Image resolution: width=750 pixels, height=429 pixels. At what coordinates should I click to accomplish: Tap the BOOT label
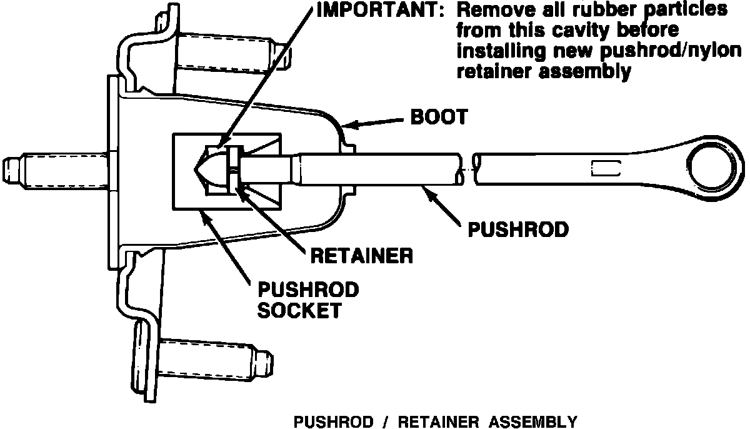[x=438, y=117]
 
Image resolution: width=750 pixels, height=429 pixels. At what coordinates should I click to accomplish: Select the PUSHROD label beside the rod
[x=518, y=230]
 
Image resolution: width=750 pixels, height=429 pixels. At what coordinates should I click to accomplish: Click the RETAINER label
[x=361, y=256]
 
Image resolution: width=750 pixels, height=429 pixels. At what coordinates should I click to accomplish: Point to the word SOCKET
[x=300, y=310]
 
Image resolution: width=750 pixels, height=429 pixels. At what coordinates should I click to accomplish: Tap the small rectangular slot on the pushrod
[x=604, y=168]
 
